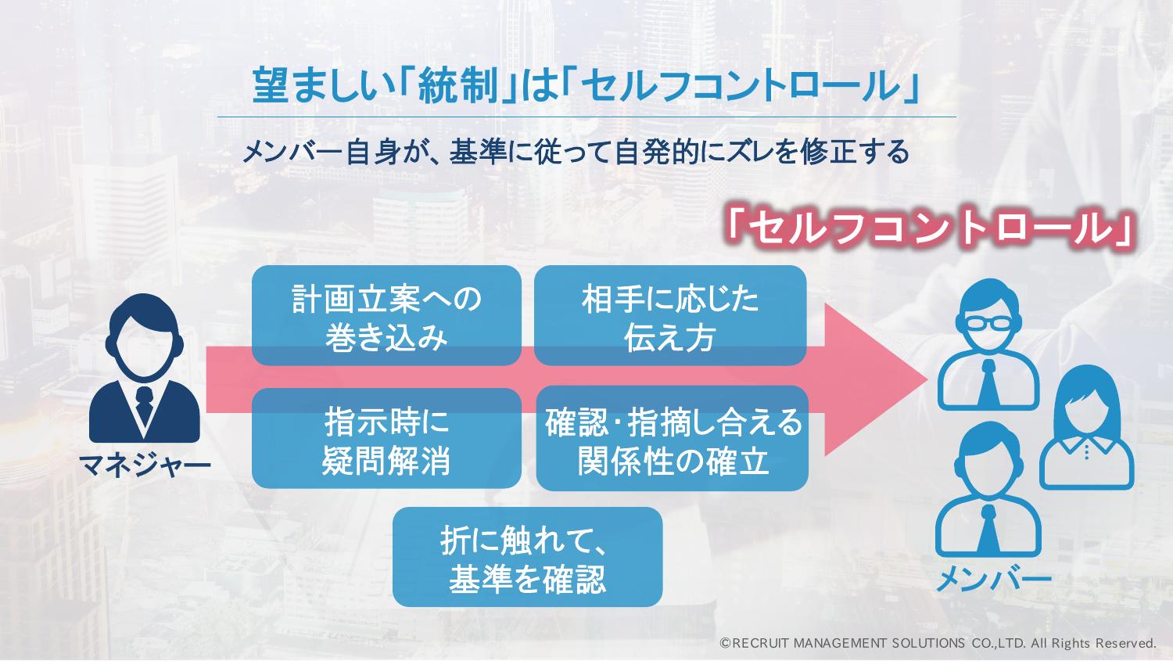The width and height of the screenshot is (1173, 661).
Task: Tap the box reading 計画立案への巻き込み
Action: pos(386,315)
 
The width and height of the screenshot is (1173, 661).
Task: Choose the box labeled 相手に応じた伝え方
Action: pos(669,315)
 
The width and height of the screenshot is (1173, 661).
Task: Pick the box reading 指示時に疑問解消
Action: pos(386,439)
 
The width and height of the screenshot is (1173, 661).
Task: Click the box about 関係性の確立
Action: pos(673,439)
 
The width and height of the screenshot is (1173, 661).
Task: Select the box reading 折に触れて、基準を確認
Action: pos(527,557)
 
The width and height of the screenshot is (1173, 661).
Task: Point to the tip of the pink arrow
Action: pos(927,379)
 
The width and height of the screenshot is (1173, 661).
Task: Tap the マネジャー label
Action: pos(145,465)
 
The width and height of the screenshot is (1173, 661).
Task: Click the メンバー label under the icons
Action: pos(993,580)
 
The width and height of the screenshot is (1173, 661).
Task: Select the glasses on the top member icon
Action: pos(988,324)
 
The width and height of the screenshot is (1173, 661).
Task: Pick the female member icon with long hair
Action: pos(1087,427)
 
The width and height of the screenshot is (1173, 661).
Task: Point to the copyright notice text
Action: pos(938,643)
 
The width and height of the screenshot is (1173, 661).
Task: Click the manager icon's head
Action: pos(144,336)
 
